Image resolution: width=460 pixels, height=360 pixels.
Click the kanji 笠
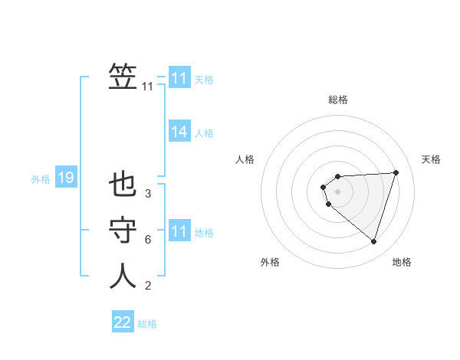[x=123, y=77]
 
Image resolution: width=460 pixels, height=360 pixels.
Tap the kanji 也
[x=123, y=185]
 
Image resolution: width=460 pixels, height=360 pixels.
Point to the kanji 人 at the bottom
[x=123, y=276]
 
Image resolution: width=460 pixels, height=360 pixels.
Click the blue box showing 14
[x=179, y=132]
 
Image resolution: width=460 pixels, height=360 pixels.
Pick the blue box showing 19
[x=65, y=178]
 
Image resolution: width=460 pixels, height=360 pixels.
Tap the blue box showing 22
[x=123, y=322]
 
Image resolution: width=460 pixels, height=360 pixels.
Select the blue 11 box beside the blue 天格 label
[x=179, y=78]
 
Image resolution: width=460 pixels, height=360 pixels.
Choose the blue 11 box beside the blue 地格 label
[x=179, y=231]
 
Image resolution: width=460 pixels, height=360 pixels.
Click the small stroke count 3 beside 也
[x=147, y=194]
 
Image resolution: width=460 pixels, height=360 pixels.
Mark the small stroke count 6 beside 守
[x=147, y=240]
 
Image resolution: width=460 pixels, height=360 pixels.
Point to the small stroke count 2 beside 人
[x=147, y=286]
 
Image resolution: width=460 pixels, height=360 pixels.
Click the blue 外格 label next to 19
[x=41, y=179]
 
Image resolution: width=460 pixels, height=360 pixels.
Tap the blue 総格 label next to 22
[x=147, y=324]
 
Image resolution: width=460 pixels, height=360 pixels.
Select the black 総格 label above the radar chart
[x=338, y=100]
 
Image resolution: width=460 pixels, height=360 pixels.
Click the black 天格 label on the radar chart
[x=431, y=159]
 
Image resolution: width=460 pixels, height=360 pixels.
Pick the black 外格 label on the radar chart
[x=270, y=262]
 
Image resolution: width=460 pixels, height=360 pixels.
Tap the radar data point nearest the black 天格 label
[x=396, y=172]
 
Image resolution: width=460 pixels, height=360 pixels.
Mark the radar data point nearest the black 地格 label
[x=373, y=241]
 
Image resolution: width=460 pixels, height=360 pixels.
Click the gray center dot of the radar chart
[x=337, y=191]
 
